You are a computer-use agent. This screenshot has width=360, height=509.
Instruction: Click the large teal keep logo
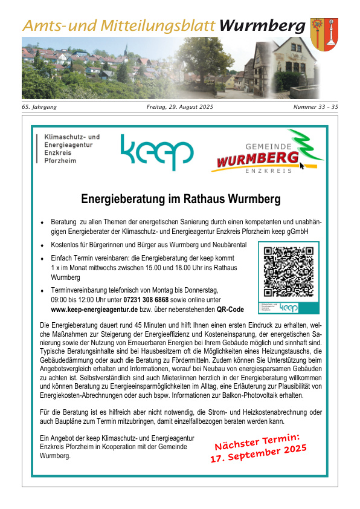click(x=156, y=154)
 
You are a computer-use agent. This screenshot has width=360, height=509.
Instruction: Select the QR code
click(x=289, y=271)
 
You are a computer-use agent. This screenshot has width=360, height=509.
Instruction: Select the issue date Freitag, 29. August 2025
click(x=180, y=107)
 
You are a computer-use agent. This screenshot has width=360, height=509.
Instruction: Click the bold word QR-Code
click(x=230, y=310)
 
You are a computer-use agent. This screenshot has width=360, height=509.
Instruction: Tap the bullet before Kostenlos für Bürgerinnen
click(x=42, y=245)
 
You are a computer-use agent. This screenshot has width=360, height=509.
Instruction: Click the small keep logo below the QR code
click(x=289, y=307)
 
